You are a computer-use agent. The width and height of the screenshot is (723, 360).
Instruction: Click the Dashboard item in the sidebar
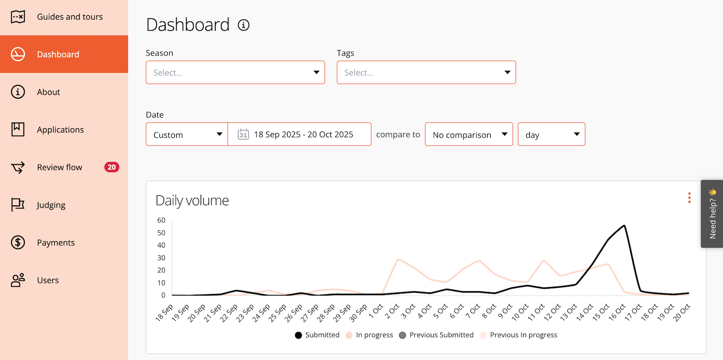tap(58, 54)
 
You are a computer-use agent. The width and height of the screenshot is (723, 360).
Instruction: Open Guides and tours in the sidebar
tap(70, 17)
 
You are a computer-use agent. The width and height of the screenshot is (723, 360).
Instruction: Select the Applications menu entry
tap(60, 130)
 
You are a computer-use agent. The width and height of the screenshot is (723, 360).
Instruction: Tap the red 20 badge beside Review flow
tap(111, 167)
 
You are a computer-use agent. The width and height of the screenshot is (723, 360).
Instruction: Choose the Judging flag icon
tap(18, 205)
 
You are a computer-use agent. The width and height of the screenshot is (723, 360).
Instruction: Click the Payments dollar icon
tap(18, 243)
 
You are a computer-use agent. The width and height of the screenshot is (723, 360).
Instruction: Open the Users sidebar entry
tap(47, 280)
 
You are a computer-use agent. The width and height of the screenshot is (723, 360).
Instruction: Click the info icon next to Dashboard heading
tap(243, 25)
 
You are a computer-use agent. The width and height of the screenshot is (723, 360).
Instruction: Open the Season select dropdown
tap(235, 72)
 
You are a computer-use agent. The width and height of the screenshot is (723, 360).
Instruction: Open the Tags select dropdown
tap(426, 72)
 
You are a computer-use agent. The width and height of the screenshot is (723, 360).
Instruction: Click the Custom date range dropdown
tap(187, 135)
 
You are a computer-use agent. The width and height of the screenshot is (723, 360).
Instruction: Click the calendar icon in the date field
tap(243, 134)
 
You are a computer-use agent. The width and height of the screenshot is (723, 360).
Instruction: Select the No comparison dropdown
tap(469, 135)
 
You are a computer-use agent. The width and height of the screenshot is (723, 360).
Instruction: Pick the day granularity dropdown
tap(551, 135)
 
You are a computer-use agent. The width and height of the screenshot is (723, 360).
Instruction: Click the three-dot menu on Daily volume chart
tap(689, 198)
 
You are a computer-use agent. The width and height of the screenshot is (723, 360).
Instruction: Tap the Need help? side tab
tap(712, 214)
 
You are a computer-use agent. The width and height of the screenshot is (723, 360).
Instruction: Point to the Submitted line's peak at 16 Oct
tap(625, 226)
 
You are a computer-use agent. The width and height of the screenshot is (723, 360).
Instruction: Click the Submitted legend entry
tap(317, 335)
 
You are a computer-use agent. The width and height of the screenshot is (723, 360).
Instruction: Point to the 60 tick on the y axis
tap(161, 220)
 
